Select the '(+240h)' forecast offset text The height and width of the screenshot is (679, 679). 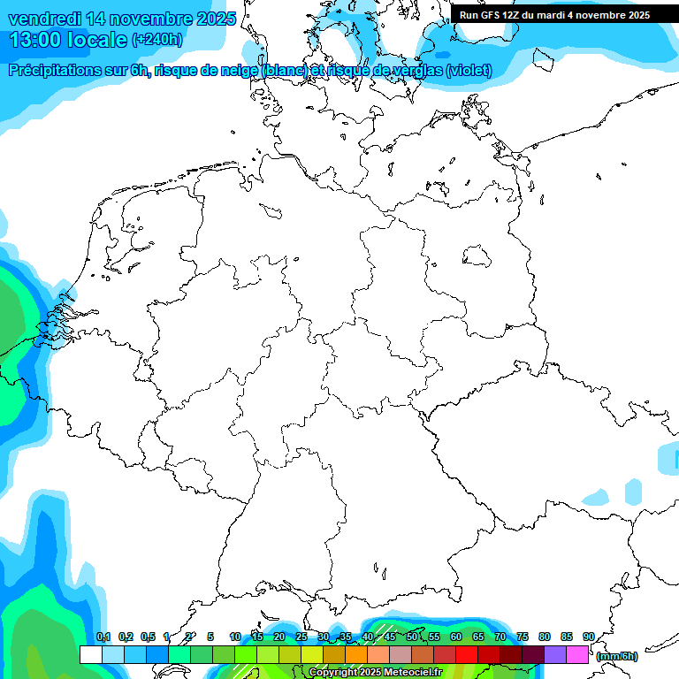[156, 40]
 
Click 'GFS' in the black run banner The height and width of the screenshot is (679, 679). [492, 15]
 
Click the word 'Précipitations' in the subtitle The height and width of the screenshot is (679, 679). [54, 71]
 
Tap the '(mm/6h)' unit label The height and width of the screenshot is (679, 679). [616, 656]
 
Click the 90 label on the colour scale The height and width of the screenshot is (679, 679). [588, 637]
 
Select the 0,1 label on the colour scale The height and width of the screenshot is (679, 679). [103, 637]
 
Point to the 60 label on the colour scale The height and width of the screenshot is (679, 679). [456, 637]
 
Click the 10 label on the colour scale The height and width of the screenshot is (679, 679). [234, 637]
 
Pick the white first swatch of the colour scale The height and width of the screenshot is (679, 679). [90, 654]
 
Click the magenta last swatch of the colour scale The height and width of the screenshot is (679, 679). [577, 654]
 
